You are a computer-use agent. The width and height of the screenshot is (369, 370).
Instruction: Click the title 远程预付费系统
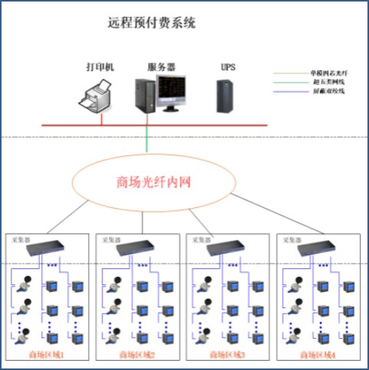tap(152, 23)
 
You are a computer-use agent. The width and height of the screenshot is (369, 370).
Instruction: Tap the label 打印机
tap(100, 67)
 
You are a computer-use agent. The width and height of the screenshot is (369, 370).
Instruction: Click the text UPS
tap(228, 67)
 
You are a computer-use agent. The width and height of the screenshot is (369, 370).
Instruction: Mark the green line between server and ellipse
tap(146, 139)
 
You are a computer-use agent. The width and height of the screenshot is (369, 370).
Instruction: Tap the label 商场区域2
tap(138, 355)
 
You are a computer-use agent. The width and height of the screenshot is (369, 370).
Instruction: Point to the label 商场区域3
tap(227, 355)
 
